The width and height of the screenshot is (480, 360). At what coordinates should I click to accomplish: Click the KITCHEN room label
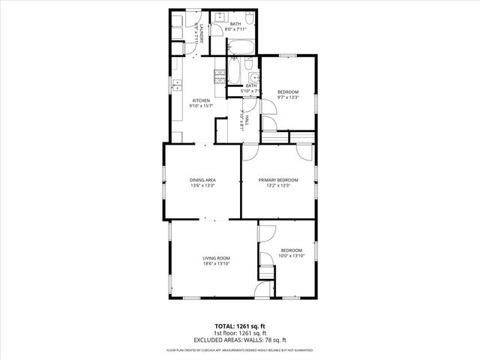[x=202, y=100]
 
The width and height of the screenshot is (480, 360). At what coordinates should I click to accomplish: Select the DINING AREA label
[x=202, y=180]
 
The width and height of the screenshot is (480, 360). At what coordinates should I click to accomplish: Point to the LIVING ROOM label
[x=215, y=258]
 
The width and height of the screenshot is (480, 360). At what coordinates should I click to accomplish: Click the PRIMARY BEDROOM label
[x=278, y=180]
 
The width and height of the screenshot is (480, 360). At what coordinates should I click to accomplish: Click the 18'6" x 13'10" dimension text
[x=215, y=264]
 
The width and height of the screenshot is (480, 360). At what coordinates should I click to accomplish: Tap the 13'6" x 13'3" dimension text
[x=202, y=186]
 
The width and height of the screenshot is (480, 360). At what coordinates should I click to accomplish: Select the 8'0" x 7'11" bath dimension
[x=235, y=29]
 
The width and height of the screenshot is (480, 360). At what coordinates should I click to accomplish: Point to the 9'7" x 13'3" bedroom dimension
[x=287, y=97]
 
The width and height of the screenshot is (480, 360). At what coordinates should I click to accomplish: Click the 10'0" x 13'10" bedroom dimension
[x=291, y=256]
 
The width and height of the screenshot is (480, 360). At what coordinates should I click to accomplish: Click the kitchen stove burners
[x=220, y=76]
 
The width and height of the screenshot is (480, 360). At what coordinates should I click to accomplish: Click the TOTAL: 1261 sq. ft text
[x=240, y=326]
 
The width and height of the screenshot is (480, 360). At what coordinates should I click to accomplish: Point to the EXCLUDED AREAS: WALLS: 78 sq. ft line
[x=240, y=340]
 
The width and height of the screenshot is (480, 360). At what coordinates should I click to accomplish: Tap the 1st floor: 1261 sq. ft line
[x=240, y=333]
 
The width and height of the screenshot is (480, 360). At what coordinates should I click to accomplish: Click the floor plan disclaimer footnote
[x=240, y=350]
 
